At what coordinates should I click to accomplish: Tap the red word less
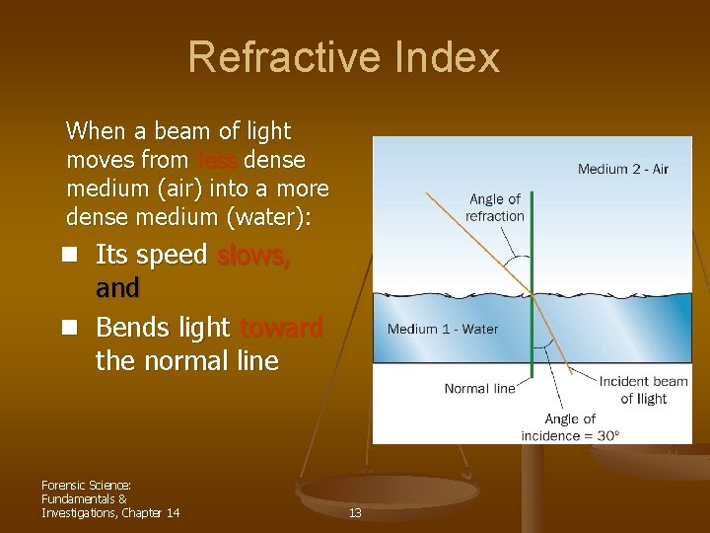(x=217, y=159)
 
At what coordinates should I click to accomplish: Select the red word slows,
(x=253, y=255)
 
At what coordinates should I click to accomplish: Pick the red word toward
(x=281, y=328)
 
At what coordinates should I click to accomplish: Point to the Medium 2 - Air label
(x=622, y=169)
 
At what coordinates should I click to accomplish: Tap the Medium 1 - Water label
(x=443, y=329)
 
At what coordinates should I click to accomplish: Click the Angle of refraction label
(x=494, y=207)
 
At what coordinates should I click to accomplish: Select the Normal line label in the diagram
(x=479, y=388)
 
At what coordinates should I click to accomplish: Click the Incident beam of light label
(x=643, y=390)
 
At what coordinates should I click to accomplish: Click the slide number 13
(x=355, y=512)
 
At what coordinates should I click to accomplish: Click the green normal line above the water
(x=532, y=237)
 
